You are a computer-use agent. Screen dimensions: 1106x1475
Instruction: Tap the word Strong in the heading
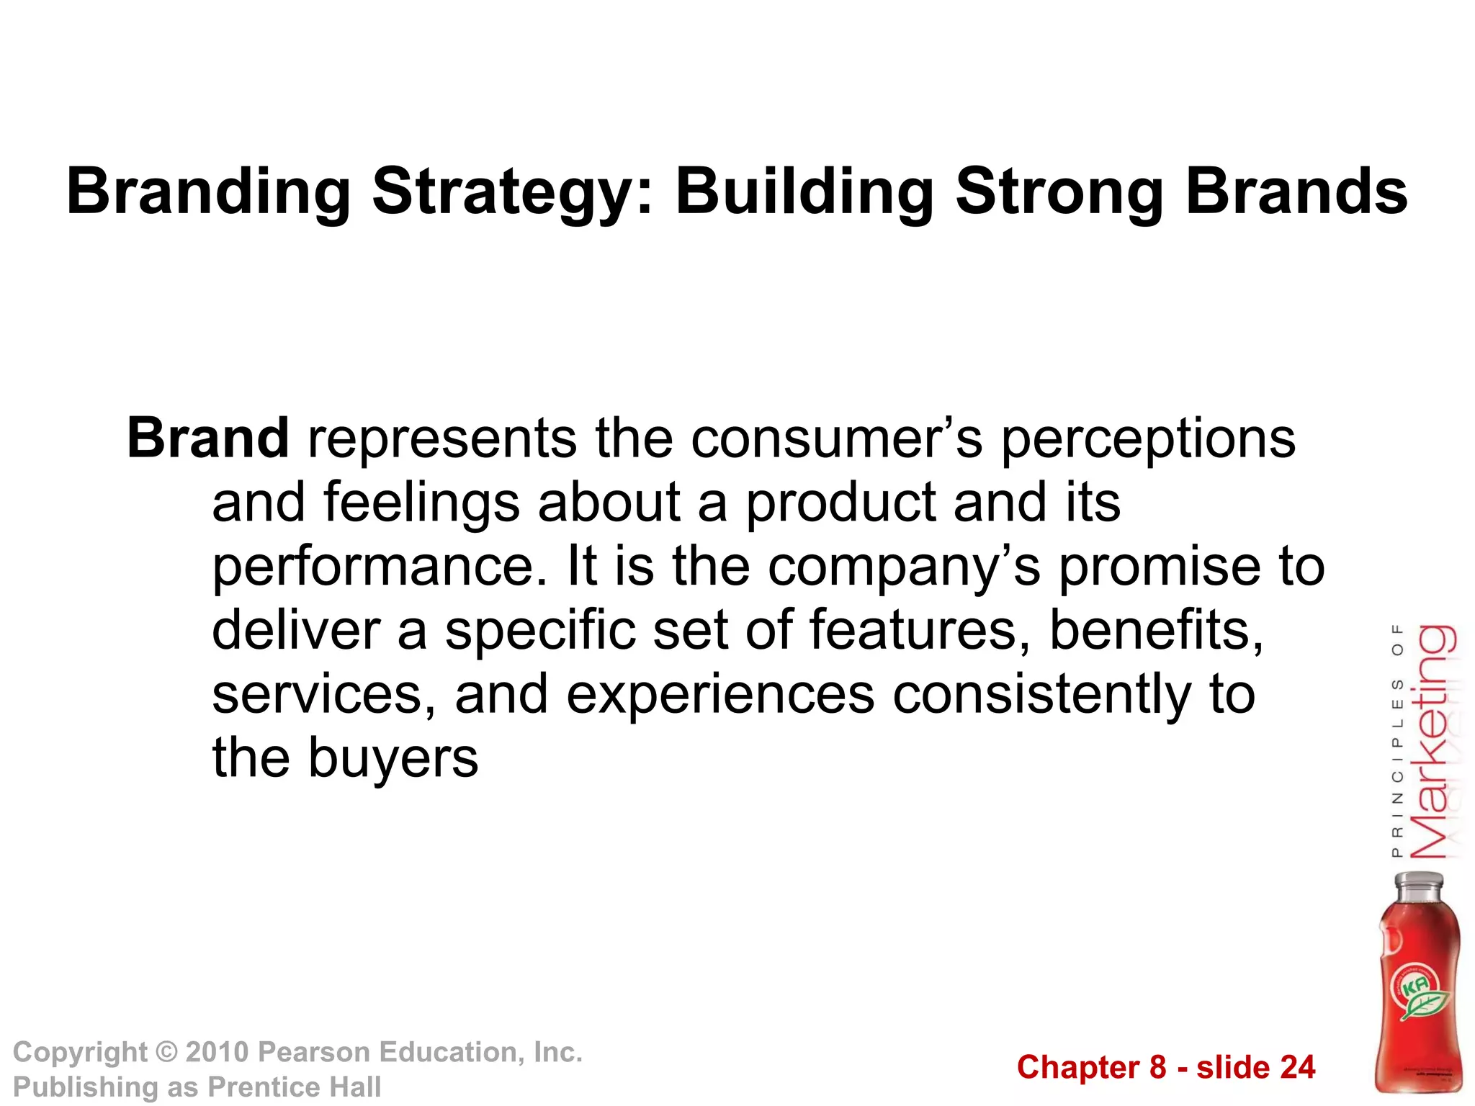(1059, 192)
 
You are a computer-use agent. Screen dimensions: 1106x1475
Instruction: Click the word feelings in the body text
(421, 503)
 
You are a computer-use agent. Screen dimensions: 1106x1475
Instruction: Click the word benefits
(1155, 630)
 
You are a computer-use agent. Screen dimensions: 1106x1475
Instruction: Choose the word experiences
(720, 695)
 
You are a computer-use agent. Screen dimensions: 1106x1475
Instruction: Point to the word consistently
(1041, 695)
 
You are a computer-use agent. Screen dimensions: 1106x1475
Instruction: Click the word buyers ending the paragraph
(393, 759)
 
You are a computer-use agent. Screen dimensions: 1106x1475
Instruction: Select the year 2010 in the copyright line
(216, 1052)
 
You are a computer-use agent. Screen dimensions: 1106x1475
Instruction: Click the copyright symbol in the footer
(166, 1052)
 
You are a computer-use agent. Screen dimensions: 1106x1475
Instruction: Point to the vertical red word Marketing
(1433, 742)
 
